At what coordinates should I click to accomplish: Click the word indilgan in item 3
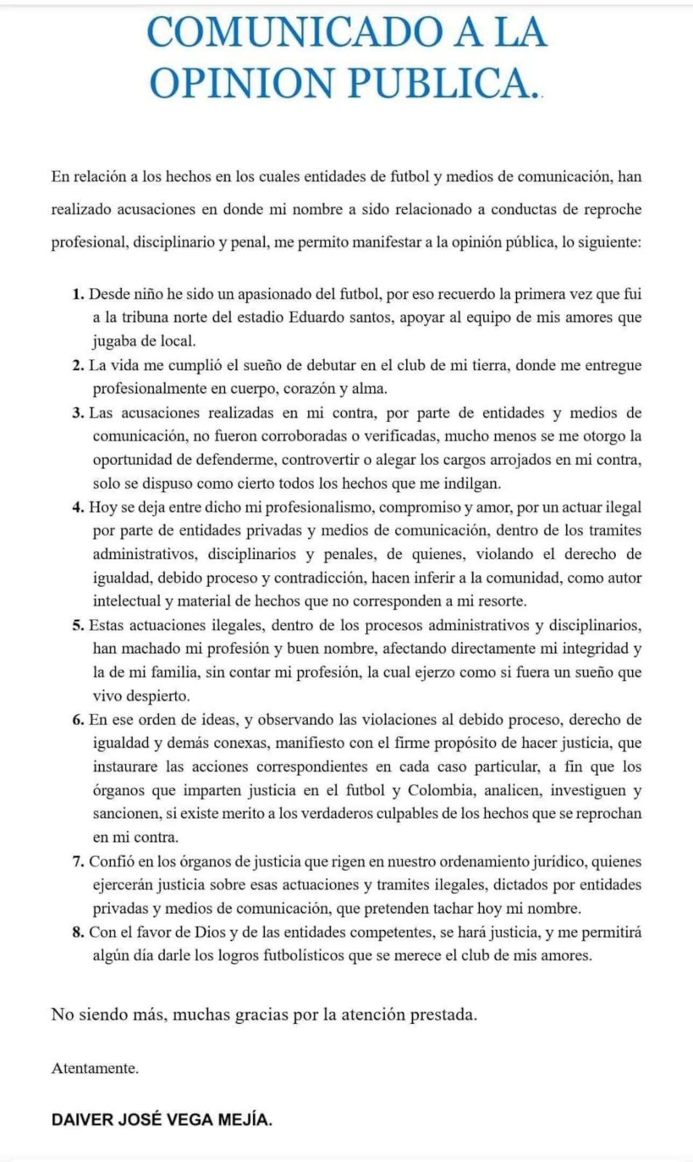tap(472, 483)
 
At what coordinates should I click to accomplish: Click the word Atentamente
tap(95, 1068)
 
